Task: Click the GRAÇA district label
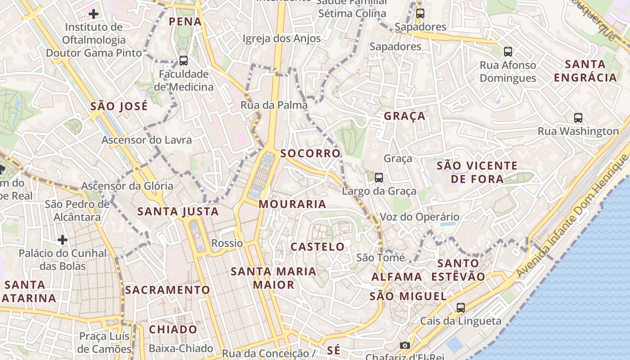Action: (x=405, y=116)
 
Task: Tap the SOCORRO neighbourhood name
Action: (x=310, y=153)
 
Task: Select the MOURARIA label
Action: (x=292, y=204)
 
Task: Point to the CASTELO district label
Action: (x=318, y=247)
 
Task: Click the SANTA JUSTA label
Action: (x=178, y=211)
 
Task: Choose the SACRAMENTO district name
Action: (x=167, y=290)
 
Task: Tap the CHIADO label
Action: (x=173, y=329)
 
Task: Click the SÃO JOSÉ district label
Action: (x=119, y=107)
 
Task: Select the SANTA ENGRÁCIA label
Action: (x=585, y=71)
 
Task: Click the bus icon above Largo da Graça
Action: (x=379, y=178)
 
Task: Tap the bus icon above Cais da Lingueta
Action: (x=460, y=308)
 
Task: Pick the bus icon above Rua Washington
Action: (x=578, y=118)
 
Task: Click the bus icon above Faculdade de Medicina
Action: (x=183, y=60)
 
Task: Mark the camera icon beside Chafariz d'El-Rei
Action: (x=405, y=345)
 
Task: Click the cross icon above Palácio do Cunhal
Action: (x=63, y=240)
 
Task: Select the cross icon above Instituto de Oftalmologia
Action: (x=94, y=14)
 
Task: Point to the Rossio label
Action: (x=227, y=243)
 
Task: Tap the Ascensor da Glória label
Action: (x=127, y=186)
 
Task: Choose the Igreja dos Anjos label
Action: (x=282, y=39)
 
